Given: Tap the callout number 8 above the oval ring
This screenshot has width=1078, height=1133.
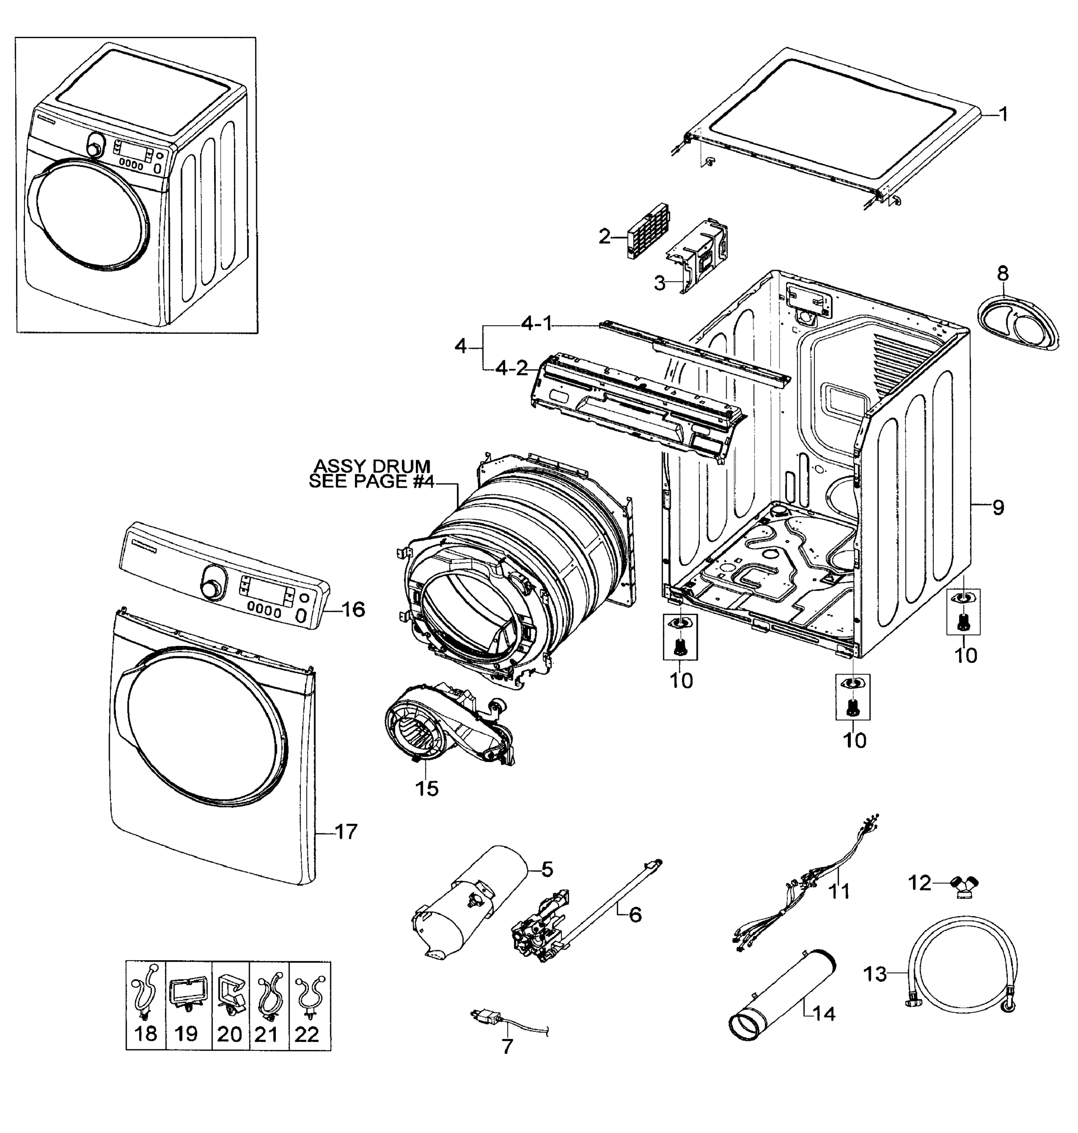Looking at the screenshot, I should coord(1003,273).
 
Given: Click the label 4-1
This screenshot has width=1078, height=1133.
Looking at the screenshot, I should coord(537,324).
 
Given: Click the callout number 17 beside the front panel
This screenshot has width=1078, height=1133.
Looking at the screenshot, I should coord(346,832).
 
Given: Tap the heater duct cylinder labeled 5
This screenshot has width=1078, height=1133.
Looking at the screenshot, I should coord(471,903).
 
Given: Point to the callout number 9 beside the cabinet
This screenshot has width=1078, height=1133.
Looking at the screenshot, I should coord(998,507).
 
